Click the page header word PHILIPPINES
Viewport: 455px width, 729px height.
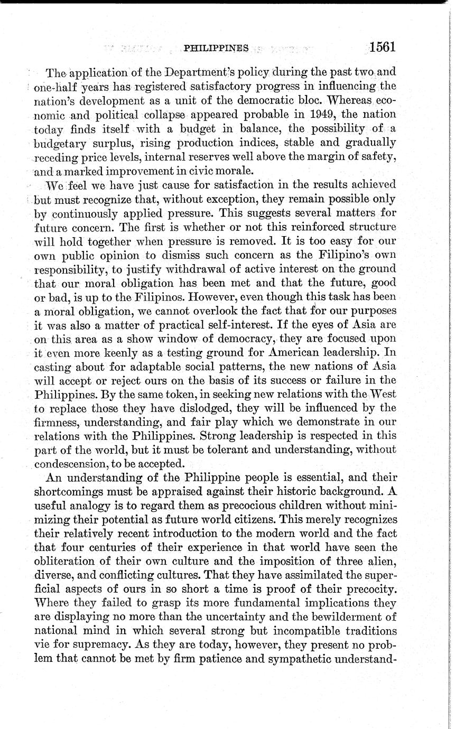point(216,48)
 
